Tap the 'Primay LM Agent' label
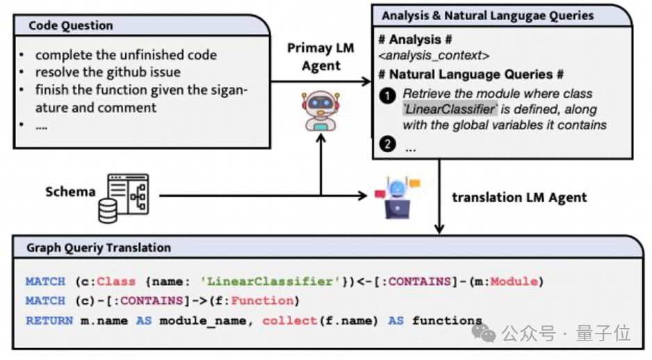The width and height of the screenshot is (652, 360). click(x=320, y=57)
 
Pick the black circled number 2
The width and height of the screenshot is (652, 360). click(x=387, y=145)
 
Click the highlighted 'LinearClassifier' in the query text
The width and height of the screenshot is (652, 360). click(x=449, y=109)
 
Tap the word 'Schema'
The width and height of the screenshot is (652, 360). click(x=70, y=191)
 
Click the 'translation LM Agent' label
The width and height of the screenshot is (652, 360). click(x=519, y=197)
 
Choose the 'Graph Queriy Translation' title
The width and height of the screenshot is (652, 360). click(x=99, y=247)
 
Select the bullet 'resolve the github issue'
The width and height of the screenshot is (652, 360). click(x=108, y=72)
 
